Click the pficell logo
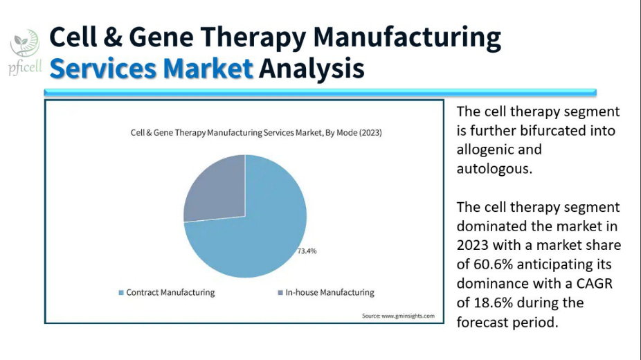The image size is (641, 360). pos(25,53)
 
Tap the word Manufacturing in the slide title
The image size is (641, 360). pos(407,37)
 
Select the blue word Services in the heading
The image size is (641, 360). pos(103,69)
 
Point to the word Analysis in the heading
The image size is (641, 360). pos(312,69)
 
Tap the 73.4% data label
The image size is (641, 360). pos(307,251)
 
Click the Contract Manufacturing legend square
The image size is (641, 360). pos(121,293)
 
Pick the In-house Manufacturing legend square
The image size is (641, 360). pos(280,293)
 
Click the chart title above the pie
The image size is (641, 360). pos(256,133)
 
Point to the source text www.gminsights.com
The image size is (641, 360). pos(408,316)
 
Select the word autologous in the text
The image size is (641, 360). pos(494,169)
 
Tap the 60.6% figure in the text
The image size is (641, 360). pos(493,264)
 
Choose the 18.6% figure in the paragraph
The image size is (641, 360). pos(493,303)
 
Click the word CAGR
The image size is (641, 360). pos(595,284)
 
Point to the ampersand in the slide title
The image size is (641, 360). pos(114,37)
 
